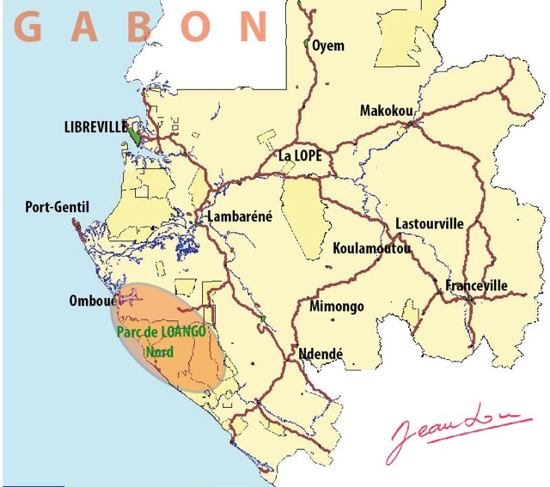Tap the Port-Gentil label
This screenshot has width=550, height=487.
(57, 207)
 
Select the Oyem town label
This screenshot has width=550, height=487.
(327, 46)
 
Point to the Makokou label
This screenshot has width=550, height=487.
(386, 111)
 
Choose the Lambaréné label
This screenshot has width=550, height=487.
(240, 216)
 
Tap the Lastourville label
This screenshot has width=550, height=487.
(429, 224)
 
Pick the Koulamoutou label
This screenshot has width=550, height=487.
(371, 249)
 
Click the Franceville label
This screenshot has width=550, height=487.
(476, 285)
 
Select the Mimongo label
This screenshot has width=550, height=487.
(336, 307)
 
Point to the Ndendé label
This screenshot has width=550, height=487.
(321, 353)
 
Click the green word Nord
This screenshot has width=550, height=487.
(159, 351)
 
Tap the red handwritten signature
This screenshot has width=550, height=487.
(455, 432)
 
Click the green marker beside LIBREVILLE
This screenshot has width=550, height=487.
(136, 133)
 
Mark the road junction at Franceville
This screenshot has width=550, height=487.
(469, 299)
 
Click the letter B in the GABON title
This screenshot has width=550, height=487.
(139, 27)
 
